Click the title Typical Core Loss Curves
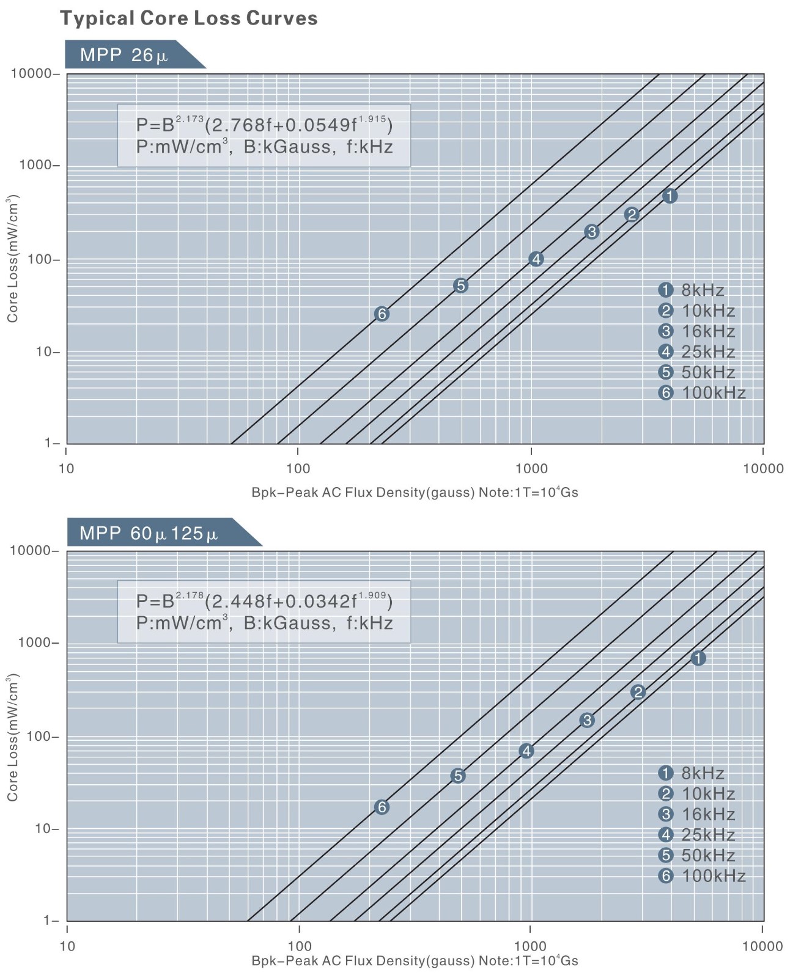click(188, 18)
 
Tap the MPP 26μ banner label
click(124, 56)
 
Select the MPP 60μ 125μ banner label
click(149, 534)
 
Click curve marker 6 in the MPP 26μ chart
click(382, 314)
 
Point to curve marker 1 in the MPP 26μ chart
click(670, 196)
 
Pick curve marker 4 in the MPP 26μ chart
click(536, 259)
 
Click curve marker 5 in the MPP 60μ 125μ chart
click(458, 776)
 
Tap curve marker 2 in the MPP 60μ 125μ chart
click(638, 692)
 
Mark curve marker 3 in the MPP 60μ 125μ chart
click(587, 720)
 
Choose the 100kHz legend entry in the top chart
click(702, 392)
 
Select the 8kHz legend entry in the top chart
click(692, 290)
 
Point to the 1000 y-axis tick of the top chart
click(35, 166)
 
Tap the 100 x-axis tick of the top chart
click(298, 469)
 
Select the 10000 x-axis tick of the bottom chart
click(762, 946)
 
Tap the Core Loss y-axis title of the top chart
click(12, 259)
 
